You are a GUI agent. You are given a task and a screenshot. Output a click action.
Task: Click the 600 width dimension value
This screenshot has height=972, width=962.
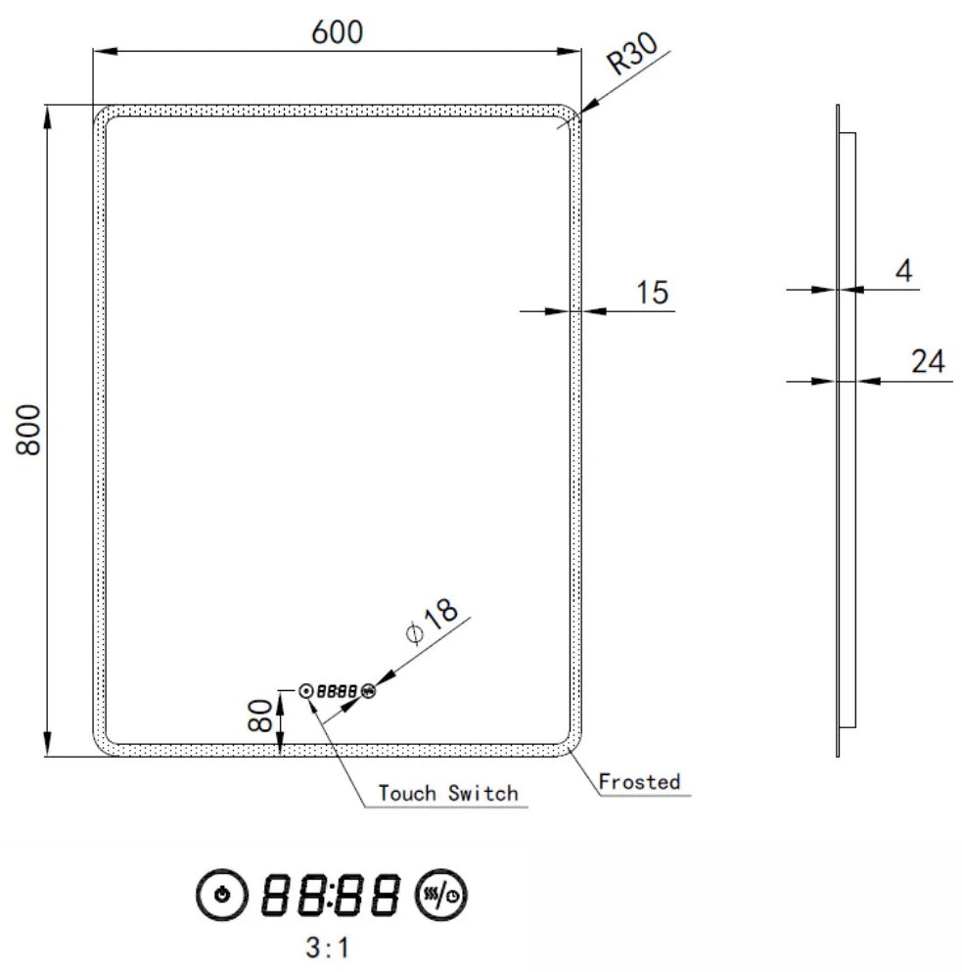[338, 32]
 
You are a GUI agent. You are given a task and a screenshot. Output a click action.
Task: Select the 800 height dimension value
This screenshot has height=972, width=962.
[28, 431]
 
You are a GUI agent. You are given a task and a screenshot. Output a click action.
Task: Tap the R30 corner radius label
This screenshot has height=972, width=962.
[632, 53]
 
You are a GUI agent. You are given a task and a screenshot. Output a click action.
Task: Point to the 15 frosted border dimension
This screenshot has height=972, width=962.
[653, 293]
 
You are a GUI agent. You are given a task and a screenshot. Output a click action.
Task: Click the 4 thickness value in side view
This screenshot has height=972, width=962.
[904, 271]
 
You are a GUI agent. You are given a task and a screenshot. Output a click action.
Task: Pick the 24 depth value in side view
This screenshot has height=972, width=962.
[928, 361]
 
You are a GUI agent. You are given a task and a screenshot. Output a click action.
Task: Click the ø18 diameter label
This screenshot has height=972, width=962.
[432, 621]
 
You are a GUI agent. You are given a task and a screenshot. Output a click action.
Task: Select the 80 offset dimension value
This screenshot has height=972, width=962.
[260, 716]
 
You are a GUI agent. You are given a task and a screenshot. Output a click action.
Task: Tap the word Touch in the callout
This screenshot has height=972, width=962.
[407, 793]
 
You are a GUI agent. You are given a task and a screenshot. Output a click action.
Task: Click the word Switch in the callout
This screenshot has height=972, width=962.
[483, 793]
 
